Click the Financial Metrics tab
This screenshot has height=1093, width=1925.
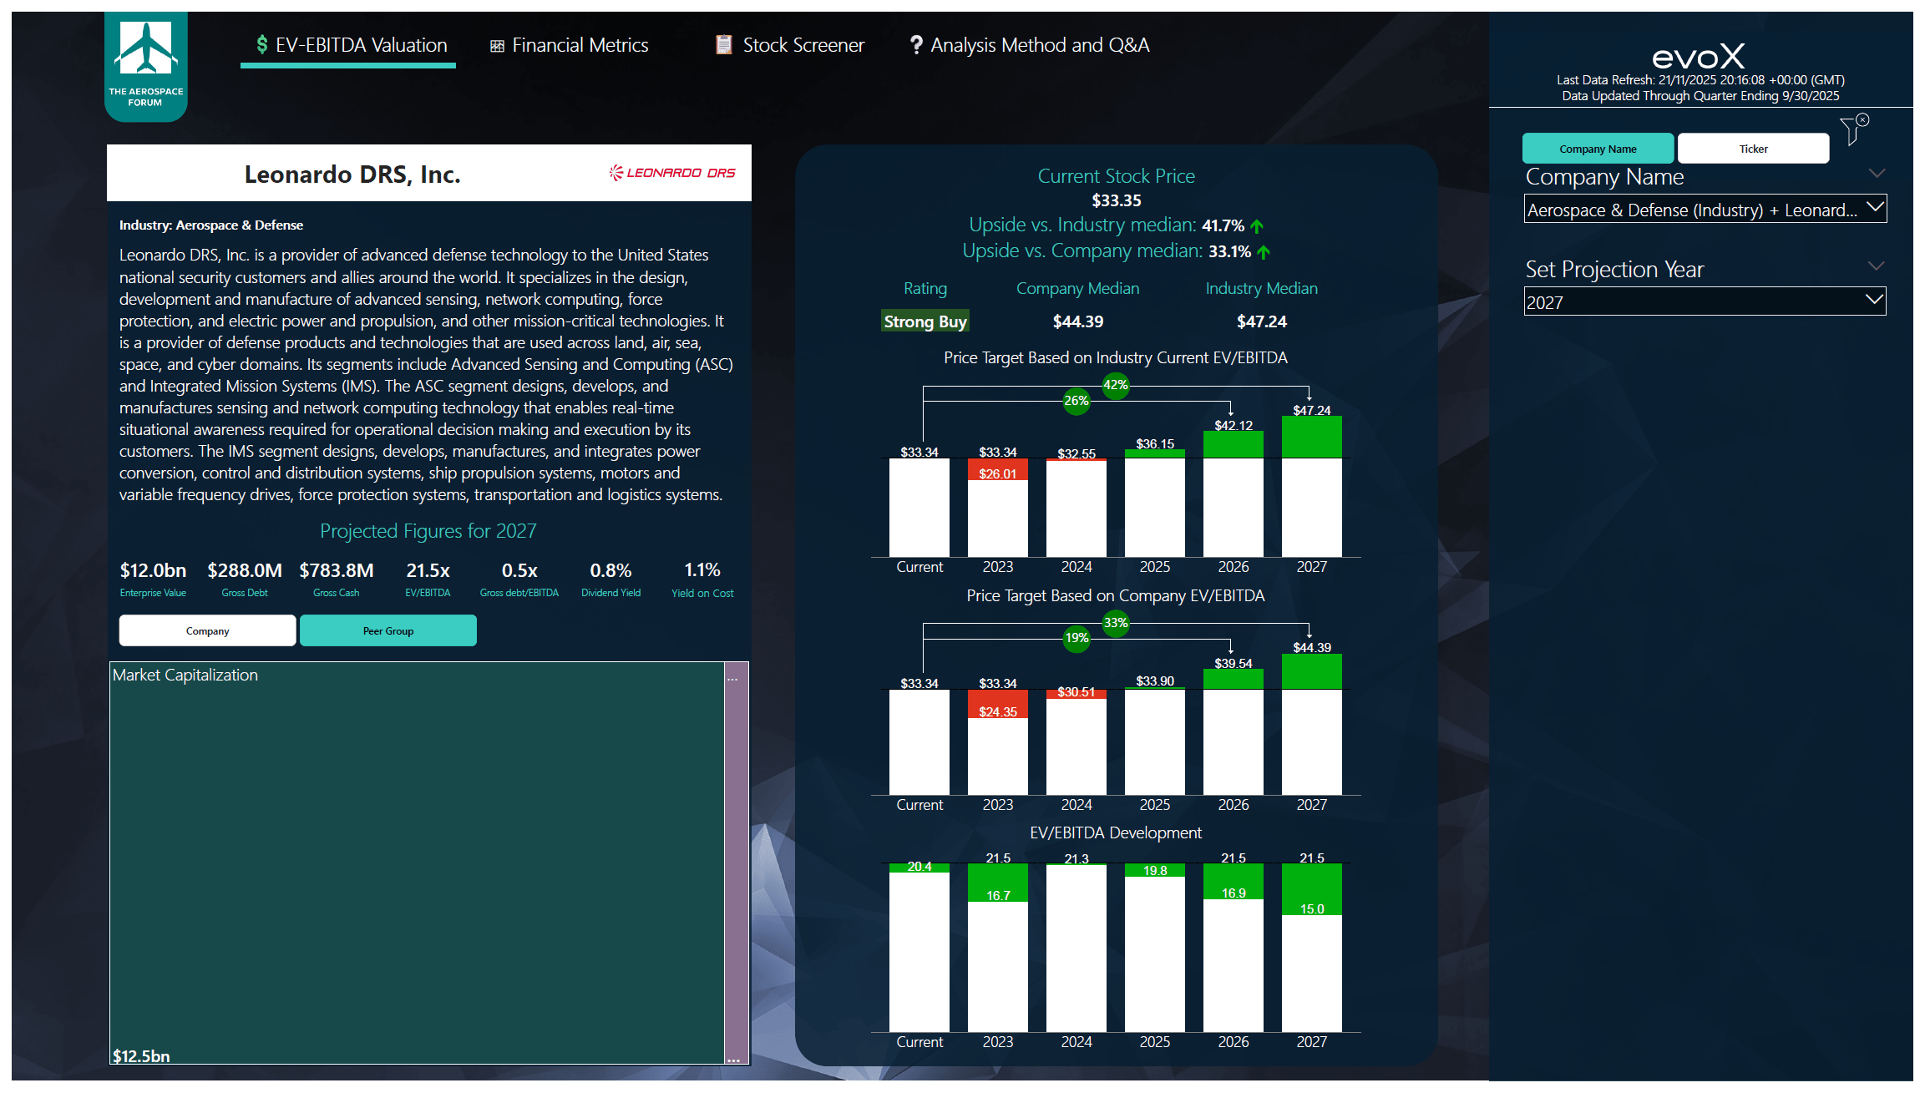(x=570, y=45)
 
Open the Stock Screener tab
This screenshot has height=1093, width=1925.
(x=790, y=45)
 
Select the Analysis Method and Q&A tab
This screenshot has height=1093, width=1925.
(x=1029, y=45)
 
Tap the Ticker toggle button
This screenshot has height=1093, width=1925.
(x=1753, y=149)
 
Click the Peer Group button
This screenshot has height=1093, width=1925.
(x=388, y=630)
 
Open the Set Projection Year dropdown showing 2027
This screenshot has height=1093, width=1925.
(x=1704, y=301)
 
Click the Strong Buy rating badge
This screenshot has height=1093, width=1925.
(x=925, y=321)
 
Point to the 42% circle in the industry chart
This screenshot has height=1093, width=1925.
(x=1115, y=385)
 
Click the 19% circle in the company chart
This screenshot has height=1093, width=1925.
(x=1076, y=638)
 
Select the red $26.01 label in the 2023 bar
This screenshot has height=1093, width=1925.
(x=997, y=473)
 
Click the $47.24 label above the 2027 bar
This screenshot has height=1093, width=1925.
(x=1311, y=410)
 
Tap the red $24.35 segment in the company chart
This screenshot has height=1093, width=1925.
(x=997, y=711)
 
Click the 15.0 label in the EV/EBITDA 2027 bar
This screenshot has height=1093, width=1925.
(x=1311, y=908)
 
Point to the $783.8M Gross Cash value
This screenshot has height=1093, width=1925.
(x=336, y=570)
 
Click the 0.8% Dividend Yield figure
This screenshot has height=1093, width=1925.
(x=610, y=570)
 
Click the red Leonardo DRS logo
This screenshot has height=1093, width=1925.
(x=672, y=173)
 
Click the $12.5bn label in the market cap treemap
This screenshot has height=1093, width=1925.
(x=141, y=1055)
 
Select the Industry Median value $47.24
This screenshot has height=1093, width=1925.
(x=1261, y=321)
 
